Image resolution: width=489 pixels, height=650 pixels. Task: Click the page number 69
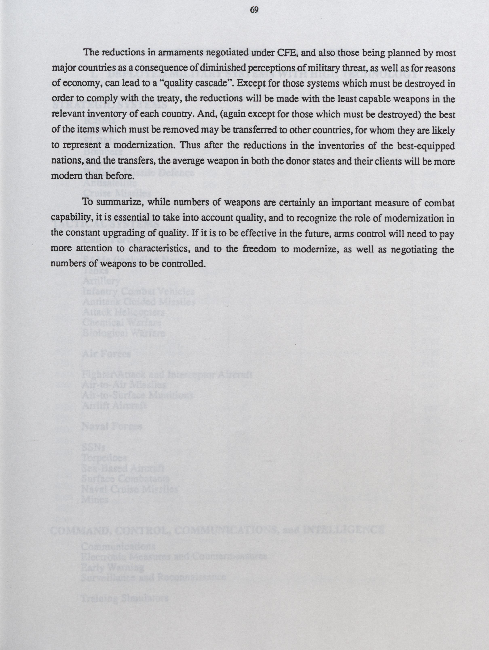click(x=254, y=10)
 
